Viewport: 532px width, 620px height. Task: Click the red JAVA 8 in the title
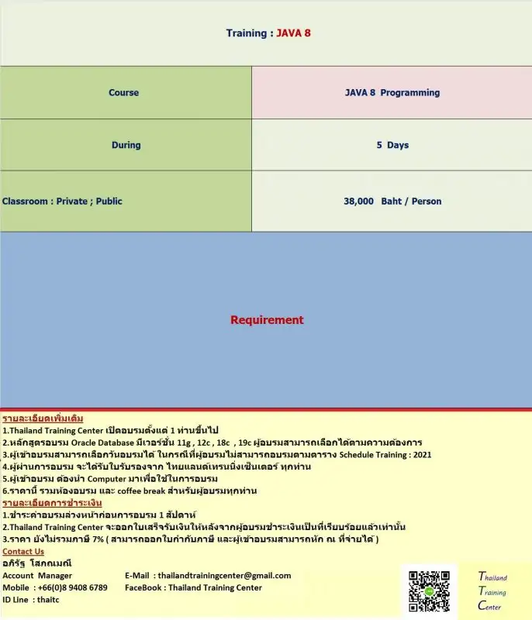293,33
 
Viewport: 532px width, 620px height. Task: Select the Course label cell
124,93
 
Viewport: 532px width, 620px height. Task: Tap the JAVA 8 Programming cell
392,93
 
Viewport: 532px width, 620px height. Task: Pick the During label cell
126,145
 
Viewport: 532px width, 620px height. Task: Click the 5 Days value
392,145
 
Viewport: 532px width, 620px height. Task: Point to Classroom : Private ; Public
62,201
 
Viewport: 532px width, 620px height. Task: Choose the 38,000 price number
358,201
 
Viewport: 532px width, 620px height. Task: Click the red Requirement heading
267,320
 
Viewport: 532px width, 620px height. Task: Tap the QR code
429,594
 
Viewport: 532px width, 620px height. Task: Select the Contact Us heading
23,552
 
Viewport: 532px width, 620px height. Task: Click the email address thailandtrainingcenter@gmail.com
223,576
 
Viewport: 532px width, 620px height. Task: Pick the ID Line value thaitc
48,600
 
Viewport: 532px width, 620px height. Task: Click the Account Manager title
37,576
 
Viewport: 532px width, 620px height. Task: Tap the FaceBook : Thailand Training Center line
193,587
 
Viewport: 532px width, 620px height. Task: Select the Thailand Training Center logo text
492,591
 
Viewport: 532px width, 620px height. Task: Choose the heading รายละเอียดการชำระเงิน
52,503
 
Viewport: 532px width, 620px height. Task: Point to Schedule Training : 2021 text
385,455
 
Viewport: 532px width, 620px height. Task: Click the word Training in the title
245,33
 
